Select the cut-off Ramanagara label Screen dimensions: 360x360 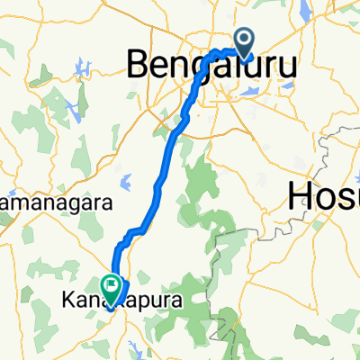click(54, 200)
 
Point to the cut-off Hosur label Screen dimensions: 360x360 click(322, 193)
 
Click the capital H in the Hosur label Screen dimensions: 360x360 click(300, 193)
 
